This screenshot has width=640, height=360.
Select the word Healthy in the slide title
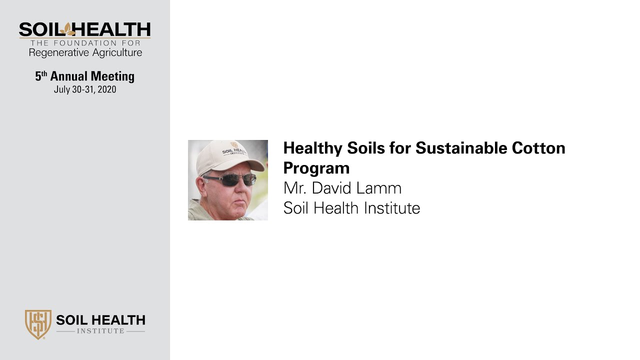pyautogui.click(x=313, y=148)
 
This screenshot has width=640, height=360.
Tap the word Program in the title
pyautogui.click(x=316, y=167)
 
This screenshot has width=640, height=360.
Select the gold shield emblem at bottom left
pyautogui.click(x=38, y=324)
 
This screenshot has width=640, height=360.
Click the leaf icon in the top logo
pyautogui.click(x=66, y=29)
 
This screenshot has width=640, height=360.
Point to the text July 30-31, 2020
pyautogui.click(x=85, y=90)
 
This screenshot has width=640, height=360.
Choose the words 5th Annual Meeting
pyautogui.click(x=85, y=76)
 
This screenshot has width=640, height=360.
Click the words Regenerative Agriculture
pyautogui.click(x=85, y=52)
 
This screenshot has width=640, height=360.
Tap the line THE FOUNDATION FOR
pyautogui.click(x=85, y=43)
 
